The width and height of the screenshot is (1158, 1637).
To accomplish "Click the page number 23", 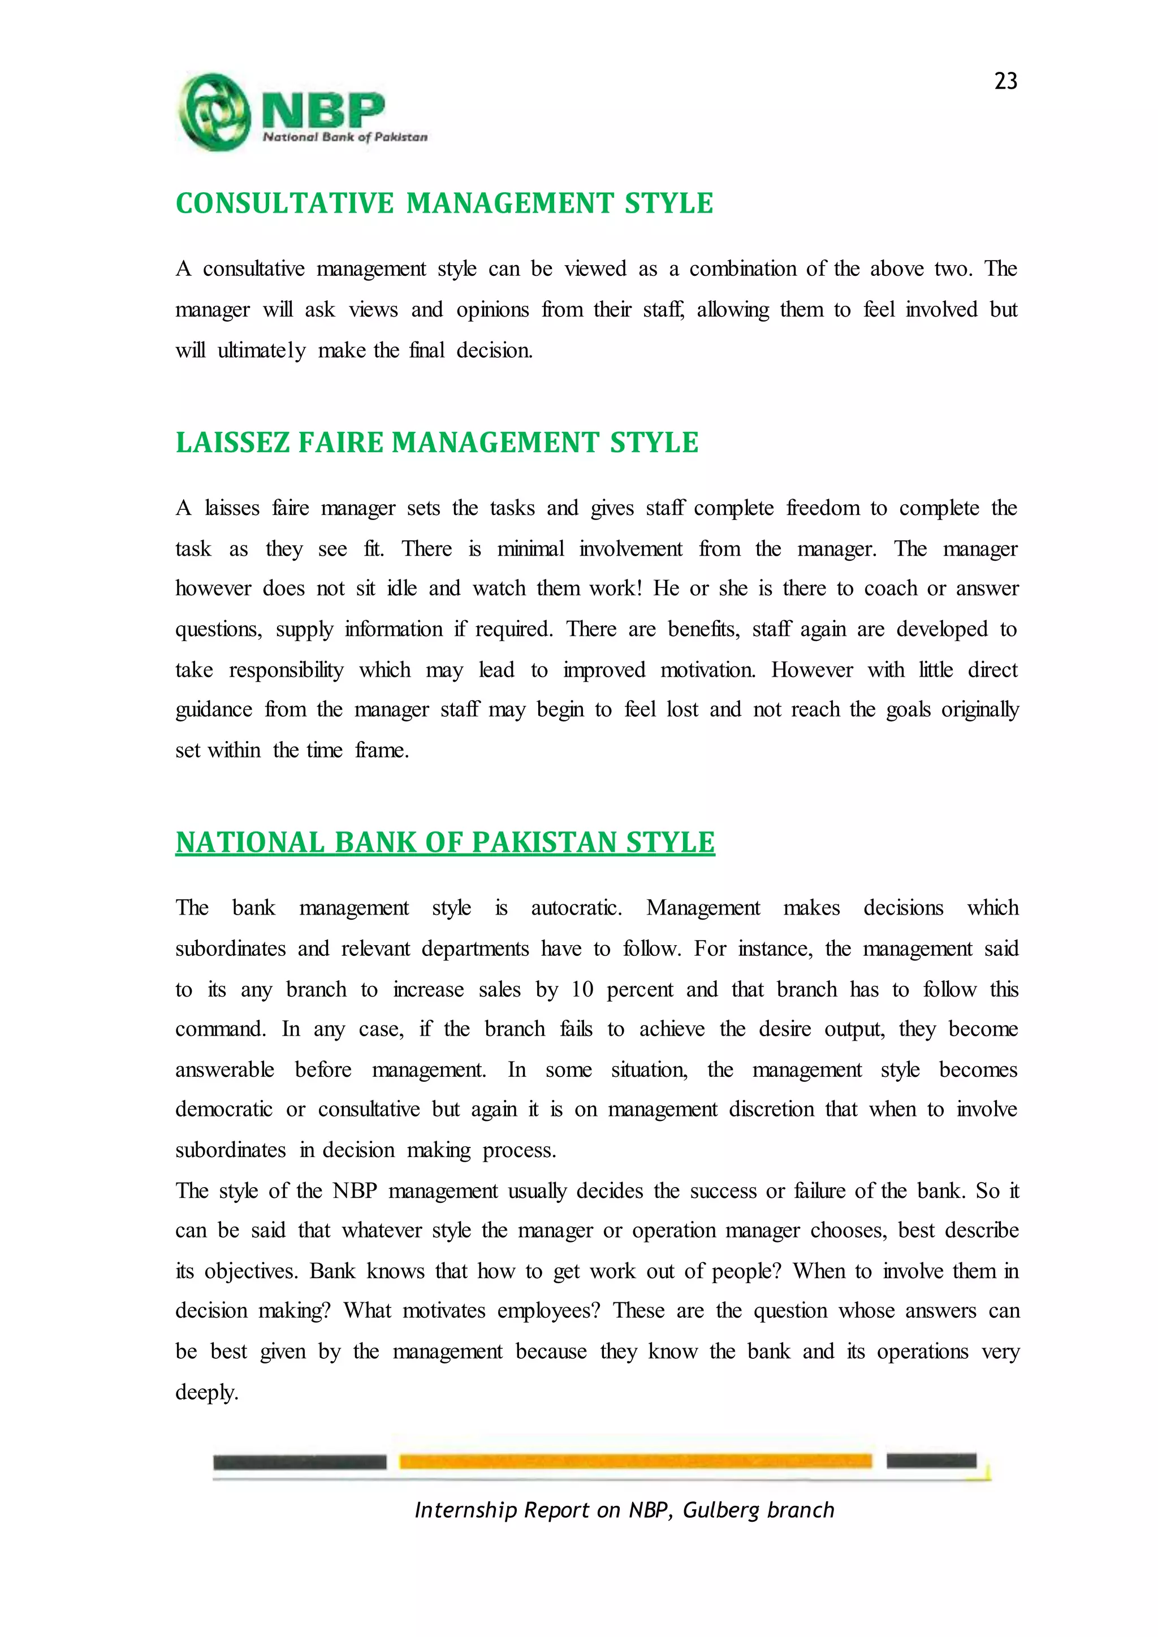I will pyautogui.click(x=1005, y=81).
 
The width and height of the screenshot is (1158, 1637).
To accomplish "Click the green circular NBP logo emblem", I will pyautogui.click(x=213, y=112).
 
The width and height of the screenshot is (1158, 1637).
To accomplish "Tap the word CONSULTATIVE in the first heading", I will pyautogui.click(x=284, y=204).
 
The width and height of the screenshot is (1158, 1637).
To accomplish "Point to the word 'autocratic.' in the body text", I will pyautogui.click(x=576, y=908).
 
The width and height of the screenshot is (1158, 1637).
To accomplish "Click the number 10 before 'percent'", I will pyautogui.click(x=582, y=990).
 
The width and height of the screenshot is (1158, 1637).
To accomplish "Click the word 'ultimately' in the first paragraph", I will pyautogui.click(x=262, y=351).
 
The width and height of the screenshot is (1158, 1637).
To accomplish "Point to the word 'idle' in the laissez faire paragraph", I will pyautogui.click(x=401, y=589).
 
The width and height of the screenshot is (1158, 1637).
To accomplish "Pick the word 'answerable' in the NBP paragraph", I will pyautogui.click(x=224, y=1070).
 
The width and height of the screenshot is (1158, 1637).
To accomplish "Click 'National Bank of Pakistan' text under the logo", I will pyautogui.click(x=345, y=137).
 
